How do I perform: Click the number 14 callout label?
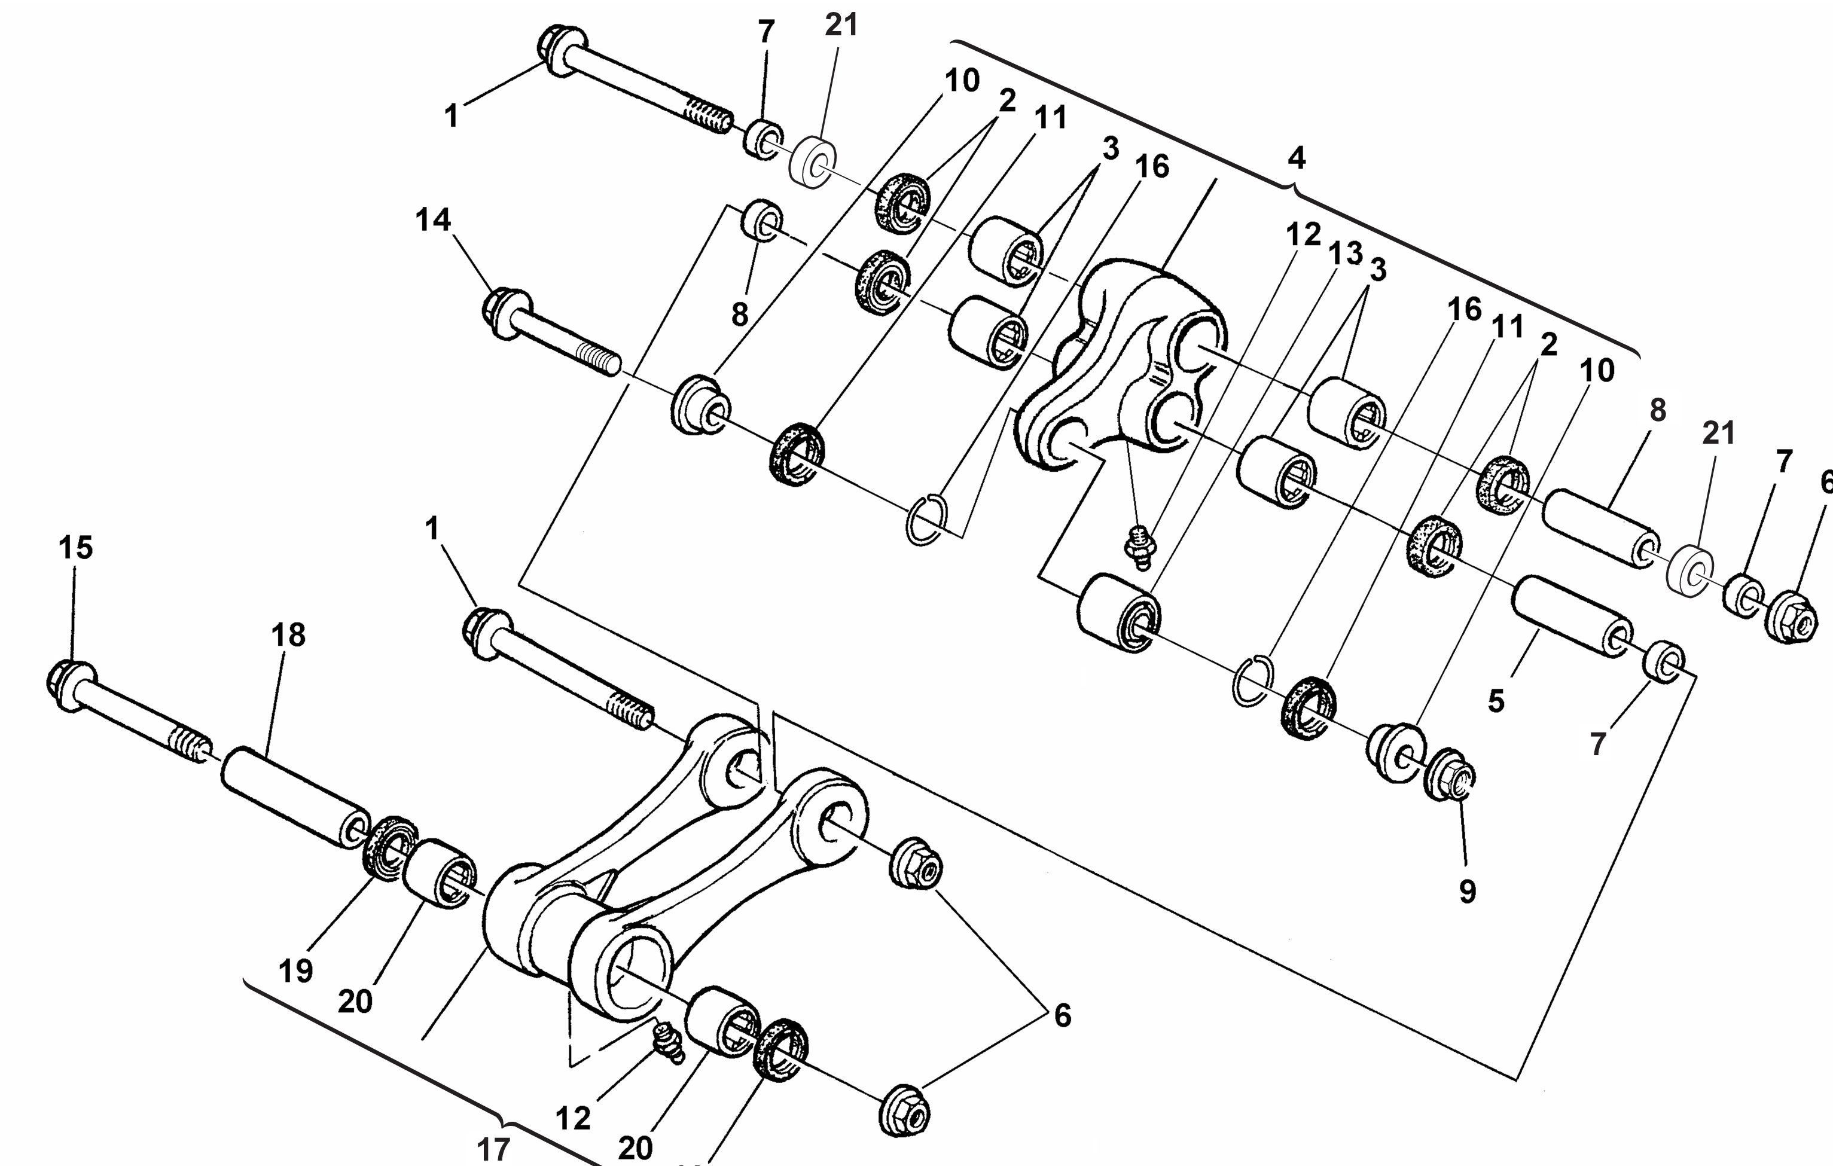[433, 221]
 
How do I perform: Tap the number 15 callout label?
[75, 547]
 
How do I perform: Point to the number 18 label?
[288, 634]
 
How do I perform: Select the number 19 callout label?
[295, 970]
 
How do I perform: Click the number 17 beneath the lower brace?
[493, 1149]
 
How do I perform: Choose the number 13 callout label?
[1345, 253]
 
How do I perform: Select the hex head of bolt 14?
[501, 312]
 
